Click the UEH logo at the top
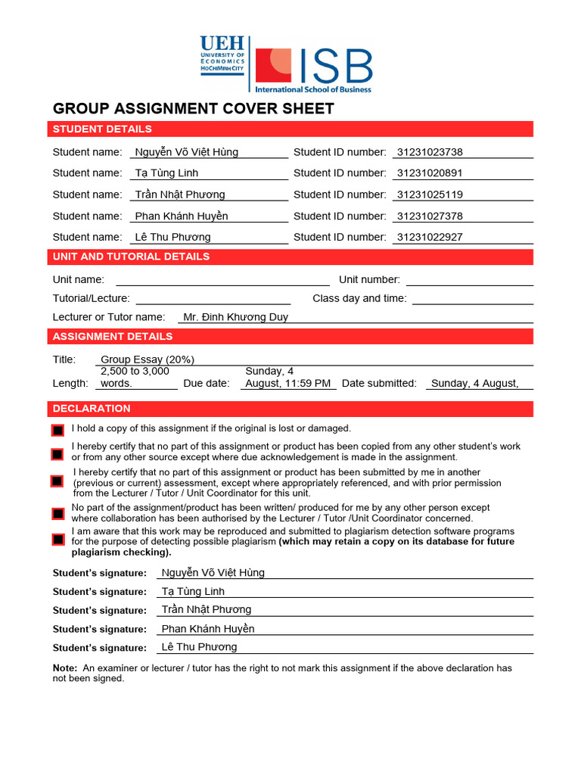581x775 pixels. click(222, 54)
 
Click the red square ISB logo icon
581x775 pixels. click(273, 65)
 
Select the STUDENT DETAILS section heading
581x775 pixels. click(102, 129)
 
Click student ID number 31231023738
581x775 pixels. click(429, 152)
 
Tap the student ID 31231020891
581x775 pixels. click(429, 173)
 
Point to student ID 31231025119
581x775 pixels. click(429, 195)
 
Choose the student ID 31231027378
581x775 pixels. click(429, 216)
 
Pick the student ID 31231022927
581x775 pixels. click(429, 237)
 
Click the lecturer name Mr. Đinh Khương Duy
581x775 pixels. click(235, 317)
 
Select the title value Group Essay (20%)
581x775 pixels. click(148, 359)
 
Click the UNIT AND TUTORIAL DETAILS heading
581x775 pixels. click(131, 257)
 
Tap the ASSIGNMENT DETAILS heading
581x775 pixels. click(113, 337)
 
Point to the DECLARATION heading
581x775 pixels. click(92, 409)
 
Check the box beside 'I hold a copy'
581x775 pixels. click(57, 431)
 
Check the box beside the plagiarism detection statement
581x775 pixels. click(57, 540)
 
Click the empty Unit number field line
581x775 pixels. click(469, 281)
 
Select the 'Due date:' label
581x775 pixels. click(207, 384)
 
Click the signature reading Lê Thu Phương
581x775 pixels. click(199, 647)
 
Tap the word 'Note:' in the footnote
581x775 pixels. click(64, 668)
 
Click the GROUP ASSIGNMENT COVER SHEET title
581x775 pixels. click(193, 108)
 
